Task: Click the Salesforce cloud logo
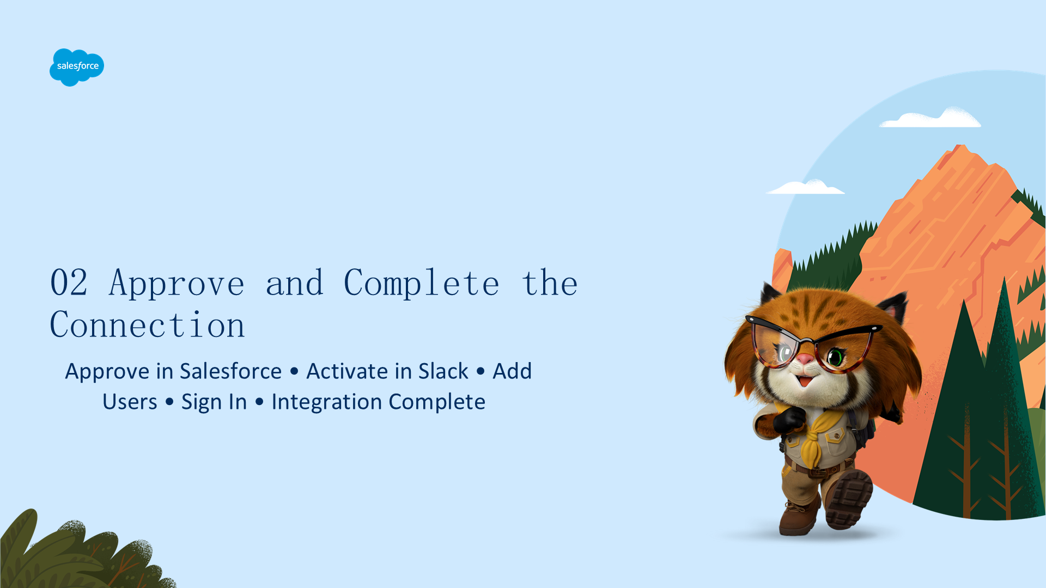point(77,67)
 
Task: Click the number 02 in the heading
point(69,283)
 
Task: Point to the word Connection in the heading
point(147,325)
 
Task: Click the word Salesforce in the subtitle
point(230,371)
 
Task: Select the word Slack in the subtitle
point(443,371)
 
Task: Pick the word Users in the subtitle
point(130,402)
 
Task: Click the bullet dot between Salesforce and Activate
point(294,371)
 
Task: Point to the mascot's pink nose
point(805,359)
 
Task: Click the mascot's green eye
point(835,358)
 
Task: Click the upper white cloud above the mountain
point(931,118)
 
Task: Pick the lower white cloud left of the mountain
point(805,187)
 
